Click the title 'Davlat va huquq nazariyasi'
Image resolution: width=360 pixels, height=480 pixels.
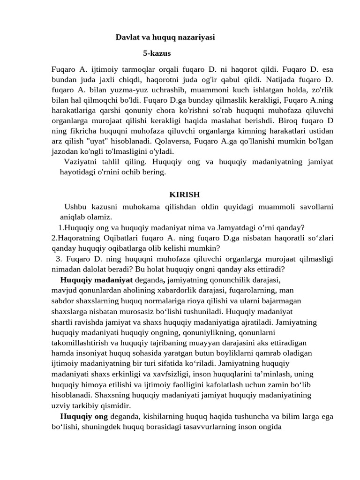pos(165,37)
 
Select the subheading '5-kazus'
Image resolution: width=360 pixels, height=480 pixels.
pos(157,53)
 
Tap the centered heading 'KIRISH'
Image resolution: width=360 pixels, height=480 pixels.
pos(184,195)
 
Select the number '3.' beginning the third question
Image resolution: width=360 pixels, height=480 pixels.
pos(59,259)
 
